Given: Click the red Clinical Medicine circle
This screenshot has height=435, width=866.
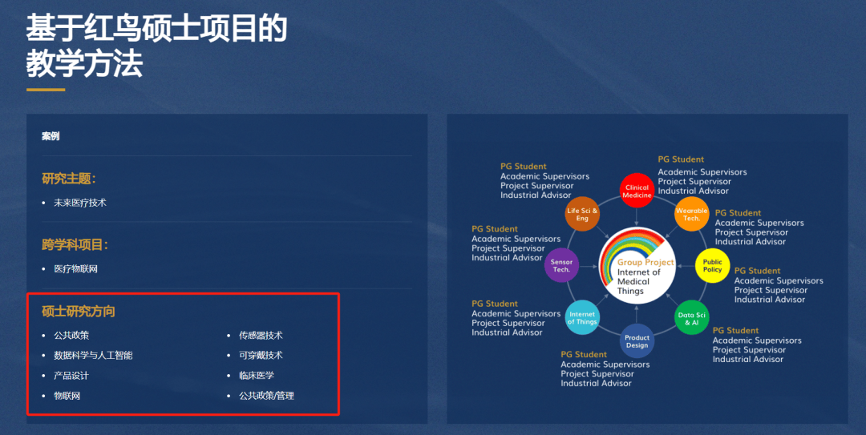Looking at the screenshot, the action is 637,191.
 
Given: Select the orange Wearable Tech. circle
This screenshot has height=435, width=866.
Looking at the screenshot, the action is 691,214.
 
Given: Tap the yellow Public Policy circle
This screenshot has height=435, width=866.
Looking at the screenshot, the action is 713,266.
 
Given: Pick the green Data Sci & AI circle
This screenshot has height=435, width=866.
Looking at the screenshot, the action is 691,318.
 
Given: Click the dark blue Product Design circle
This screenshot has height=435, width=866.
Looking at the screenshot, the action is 637,341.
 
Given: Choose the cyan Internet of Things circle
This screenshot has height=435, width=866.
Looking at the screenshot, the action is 583,317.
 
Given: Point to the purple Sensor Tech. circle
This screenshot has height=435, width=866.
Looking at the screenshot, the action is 561,265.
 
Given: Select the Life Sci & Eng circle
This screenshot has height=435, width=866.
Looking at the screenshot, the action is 582,214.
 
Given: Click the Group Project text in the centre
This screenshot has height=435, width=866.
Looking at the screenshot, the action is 645,262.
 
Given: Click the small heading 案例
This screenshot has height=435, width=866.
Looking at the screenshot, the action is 51,136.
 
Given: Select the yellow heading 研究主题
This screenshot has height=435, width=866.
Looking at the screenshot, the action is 69,179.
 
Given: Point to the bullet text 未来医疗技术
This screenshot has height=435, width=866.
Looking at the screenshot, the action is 80,203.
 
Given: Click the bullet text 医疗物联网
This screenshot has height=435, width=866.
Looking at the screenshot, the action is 75,269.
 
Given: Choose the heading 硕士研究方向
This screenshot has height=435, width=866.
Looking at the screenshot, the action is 79,312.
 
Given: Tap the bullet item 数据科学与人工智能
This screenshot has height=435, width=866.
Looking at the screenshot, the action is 93,355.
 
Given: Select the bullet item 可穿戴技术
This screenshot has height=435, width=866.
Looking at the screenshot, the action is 261,355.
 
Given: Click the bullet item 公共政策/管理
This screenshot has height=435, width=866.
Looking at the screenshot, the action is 266,395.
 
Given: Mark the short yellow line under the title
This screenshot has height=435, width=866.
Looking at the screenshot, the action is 46,90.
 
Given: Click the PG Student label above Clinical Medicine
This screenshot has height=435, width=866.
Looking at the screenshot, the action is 681,159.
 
